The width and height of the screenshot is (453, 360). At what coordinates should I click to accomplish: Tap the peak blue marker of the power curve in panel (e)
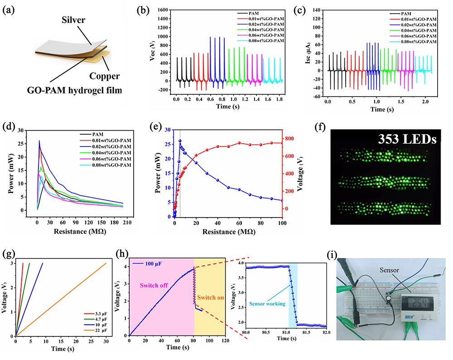(x=180, y=141)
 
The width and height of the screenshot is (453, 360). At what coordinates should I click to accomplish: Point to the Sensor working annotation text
(x=267, y=304)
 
